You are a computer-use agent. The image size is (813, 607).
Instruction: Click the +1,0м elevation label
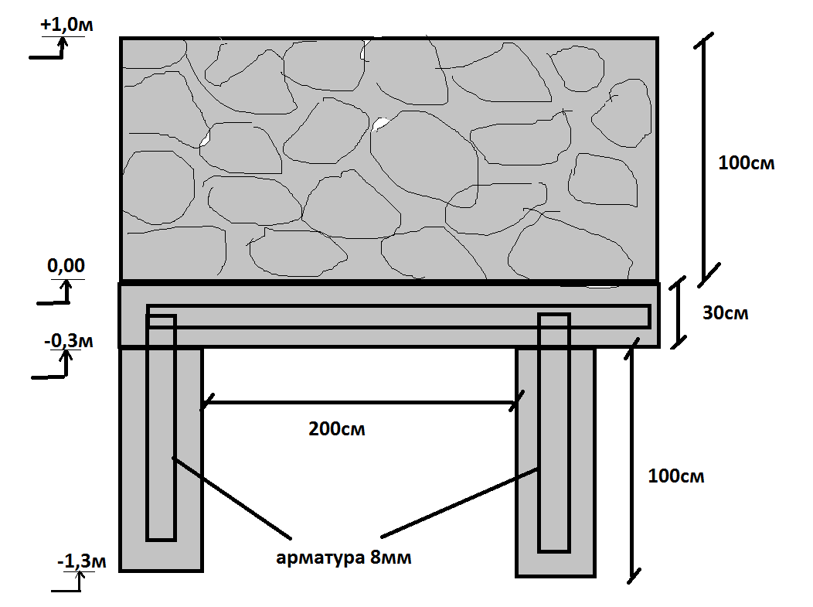click(66, 25)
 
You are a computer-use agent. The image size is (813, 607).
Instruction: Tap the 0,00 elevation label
click(66, 265)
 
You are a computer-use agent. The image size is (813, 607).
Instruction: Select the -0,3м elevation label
click(69, 341)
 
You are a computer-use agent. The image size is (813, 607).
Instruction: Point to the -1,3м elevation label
click(81, 561)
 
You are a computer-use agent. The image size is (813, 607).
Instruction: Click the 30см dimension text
click(726, 313)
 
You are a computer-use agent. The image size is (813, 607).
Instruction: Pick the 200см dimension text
click(336, 429)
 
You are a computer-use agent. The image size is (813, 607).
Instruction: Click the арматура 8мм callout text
click(344, 558)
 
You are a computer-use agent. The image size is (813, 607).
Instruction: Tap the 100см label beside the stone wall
click(746, 163)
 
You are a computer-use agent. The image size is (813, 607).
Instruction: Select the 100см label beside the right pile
click(676, 476)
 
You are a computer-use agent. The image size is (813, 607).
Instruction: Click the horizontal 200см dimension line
click(362, 402)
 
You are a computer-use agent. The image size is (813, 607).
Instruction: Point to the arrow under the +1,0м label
click(48, 48)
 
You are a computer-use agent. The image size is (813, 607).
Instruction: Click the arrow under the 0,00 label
click(54, 292)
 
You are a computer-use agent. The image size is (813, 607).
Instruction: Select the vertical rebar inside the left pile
click(162, 428)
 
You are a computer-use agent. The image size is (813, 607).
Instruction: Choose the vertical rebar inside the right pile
click(554, 433)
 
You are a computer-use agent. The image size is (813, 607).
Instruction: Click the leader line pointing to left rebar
click(231, 497)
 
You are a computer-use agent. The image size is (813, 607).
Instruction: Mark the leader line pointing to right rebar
click(459, 503)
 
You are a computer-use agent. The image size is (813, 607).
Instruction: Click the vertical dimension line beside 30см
click(677, 312)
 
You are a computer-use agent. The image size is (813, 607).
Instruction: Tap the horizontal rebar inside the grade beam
click(399, 316)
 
